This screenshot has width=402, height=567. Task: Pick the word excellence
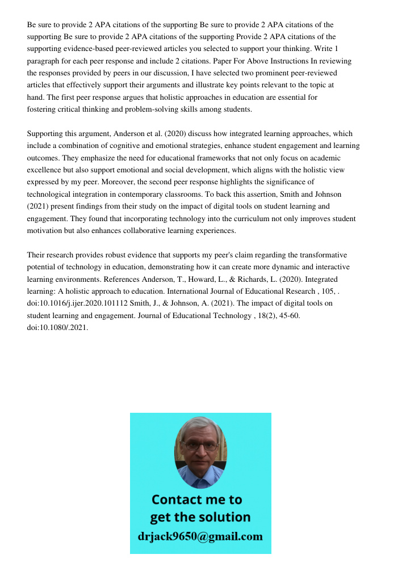pos(45,170)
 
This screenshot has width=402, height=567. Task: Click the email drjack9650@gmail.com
pos(200,536)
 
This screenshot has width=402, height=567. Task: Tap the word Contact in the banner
pos(178,500)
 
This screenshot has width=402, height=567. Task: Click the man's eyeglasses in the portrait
pos(200,446)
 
